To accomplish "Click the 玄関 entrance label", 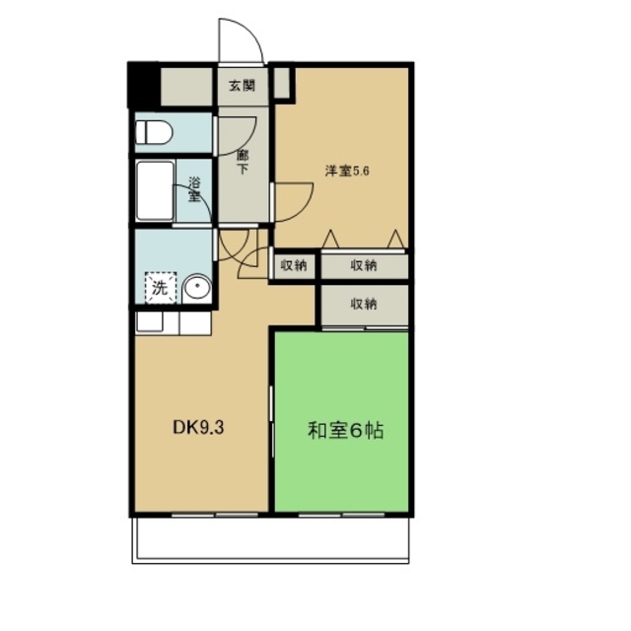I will (243, 86).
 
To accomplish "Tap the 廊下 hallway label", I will (243, 161).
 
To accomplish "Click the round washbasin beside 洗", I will (195, 288).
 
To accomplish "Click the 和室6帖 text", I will (344, 431).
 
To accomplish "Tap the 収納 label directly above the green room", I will (364, 305).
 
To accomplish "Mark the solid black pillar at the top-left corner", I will (143, 86).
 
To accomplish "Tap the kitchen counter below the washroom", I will (173, 322).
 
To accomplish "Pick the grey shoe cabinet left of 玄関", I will (187, 87).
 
